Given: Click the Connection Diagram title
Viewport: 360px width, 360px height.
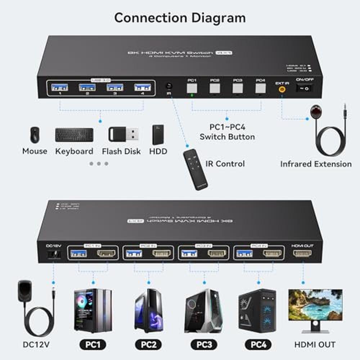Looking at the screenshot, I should coord(180,18).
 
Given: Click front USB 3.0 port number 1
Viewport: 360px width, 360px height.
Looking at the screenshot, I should coord(59,87).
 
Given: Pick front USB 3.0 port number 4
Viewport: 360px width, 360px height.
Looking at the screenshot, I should coord(143,87).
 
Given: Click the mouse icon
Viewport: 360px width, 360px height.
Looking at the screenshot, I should coord(35,135).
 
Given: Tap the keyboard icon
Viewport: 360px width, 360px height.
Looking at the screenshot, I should coord(74,135).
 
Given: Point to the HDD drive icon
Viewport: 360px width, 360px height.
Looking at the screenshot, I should coord(158,135).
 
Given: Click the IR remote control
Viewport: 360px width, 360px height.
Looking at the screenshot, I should coord(195,169).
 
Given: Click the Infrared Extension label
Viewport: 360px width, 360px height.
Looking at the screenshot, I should coord(316,164).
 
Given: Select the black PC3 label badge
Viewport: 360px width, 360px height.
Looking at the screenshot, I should coord(204,344).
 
